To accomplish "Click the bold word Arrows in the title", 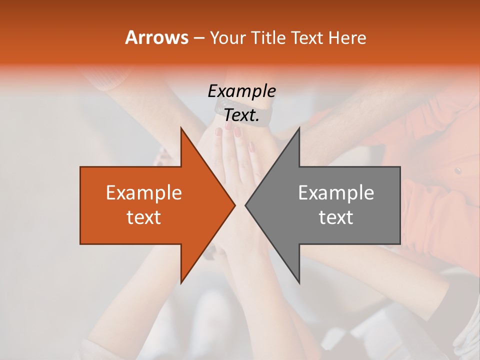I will pyautogui.click(x=156, y=37).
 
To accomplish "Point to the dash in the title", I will pyautogui.click(x=198, y=38).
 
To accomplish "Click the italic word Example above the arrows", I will pyautogui.click(x=241, y=91).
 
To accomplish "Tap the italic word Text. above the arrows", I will pyautogui.click(x=241, y=115).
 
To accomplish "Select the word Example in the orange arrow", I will pyautogui.click(x=144, y=192).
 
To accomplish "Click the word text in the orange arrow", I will pyautogui.click(x=144, y=217).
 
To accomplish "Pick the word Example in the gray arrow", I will pyautogui.click(x=336, y=192).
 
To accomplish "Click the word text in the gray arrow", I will pyautogui.click(x=336, y=217).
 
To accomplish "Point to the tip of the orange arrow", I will pyautogui.click(x=235, y=205).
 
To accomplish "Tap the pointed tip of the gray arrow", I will pyautogui.click(x=245, y=205).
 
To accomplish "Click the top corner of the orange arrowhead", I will pyautogui.click(x=181, y=127).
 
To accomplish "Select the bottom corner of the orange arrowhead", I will pyautogui.click(x=181, y=283).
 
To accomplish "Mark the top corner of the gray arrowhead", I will pyautogui.click(x=299, y=127).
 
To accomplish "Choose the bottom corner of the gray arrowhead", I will pyautogui.click(x=299, y=283).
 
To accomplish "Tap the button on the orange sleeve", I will pyautogui.click(x=457, y=170).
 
